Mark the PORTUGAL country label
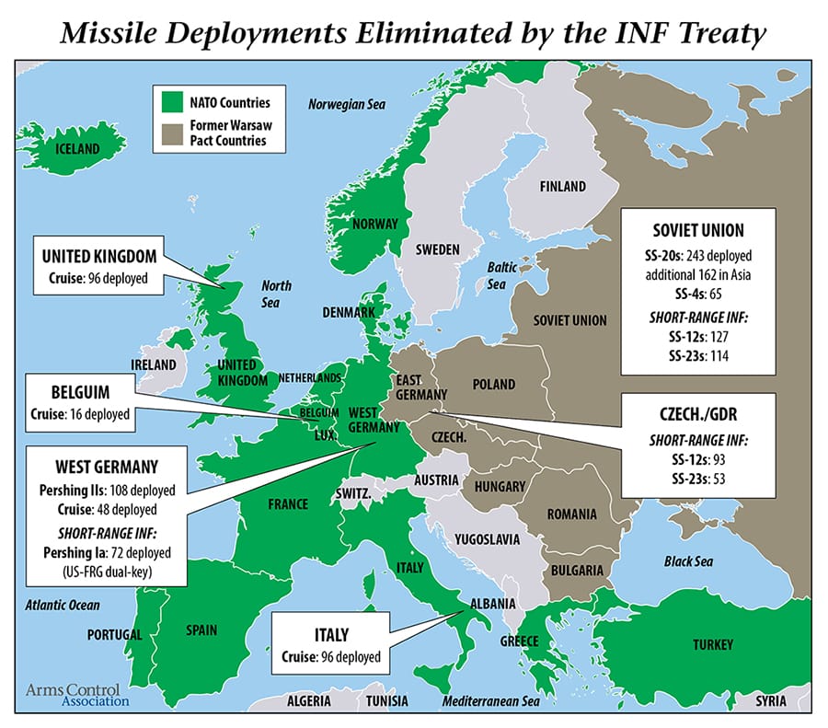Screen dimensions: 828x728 coord(114,635)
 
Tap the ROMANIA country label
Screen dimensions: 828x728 coord(571,514)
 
